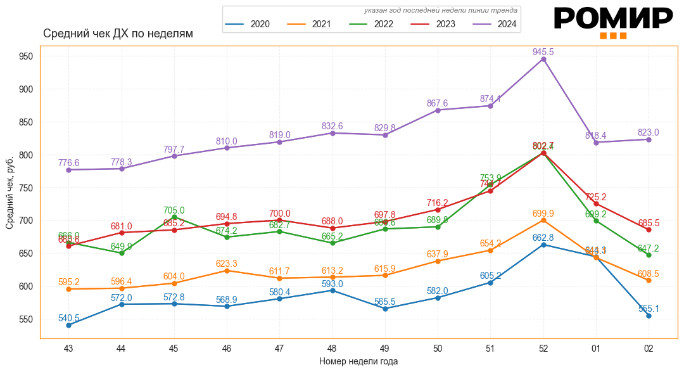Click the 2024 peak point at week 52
tap(543, 60)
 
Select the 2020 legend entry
tap(248, 25)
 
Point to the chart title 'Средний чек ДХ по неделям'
tap(118, 34)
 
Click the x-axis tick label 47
tap(279, 348)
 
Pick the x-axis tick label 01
tap(596, 348)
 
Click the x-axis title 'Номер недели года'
tap(358, 361)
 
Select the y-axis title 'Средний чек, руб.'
tap(10, 193)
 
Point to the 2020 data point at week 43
tap(68, 325)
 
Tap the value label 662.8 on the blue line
tap(543, 238)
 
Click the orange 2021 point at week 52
tap(543, 220)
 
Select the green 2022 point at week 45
tap(174, 217)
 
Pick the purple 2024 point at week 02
tap(649, 139)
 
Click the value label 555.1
tap(648, 309)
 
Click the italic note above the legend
tap(441, 10)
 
